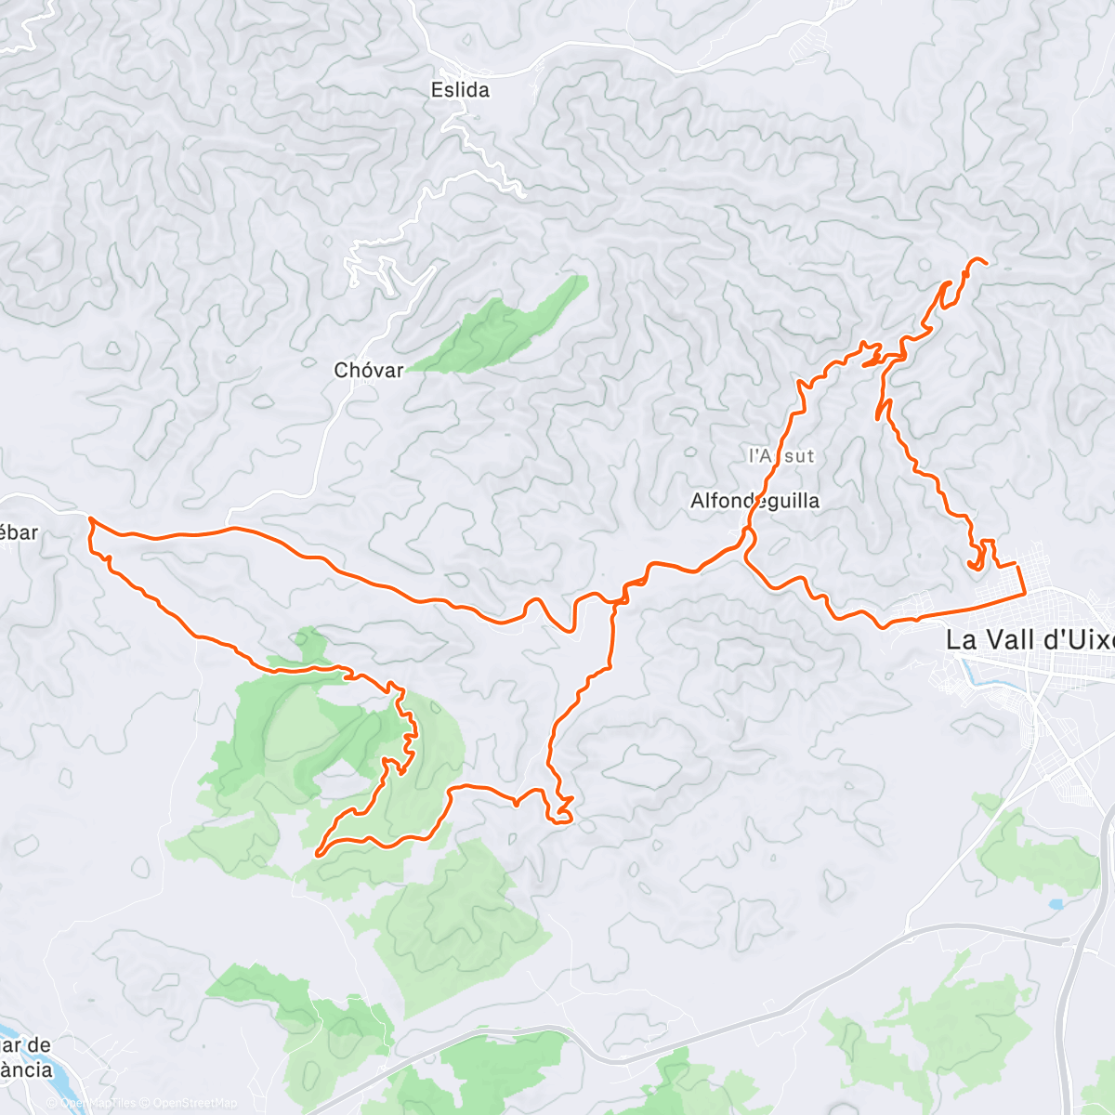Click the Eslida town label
pyautogui.click(x=460, y=90)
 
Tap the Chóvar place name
pyautogui.click(x=369, y=370)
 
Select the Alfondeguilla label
pyautogui.click(x=754, y=501)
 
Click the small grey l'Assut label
pyautogui.click(x=781, y=455)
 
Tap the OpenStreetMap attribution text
pyautogui.click(x=195, y=1103)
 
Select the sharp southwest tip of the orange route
pyautogui.click(x=318, y=852)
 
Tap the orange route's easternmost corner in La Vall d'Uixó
pyautogui.click(x=1026, y=591)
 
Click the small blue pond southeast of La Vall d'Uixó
pyautogui.click(x=1056, y=903)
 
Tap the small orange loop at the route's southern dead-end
pyautogui.click(x=560, y=816)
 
